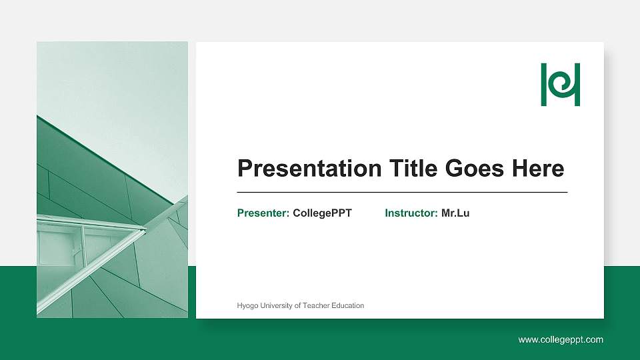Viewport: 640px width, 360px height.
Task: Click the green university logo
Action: pyautogui.click(x=560, y=85)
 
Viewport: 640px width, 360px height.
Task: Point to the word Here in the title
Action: pyautogui.click(x=538, y=169)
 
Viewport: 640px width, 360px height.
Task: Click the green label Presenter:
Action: pyautogui.click(x=263, y=213)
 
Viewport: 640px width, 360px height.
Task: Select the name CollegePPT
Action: pyautogui.click(x=322, y=213)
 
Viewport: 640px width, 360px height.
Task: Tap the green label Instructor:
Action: pyautogui.click(x=411, y=213)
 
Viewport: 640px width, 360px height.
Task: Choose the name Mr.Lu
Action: pyautogui.click(x=455, y=213)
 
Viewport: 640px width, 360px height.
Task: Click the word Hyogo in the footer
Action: pyautogui.click(x=247, y=306)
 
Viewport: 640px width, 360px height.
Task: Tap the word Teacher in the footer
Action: pyautogui.click(x=317, y=306)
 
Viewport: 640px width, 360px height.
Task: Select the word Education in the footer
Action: pyautogui.click(x=349, y=306)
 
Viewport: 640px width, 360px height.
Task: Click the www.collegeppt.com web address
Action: pyautogui.click(x=561, y=340)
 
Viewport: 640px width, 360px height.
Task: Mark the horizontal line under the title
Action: pyautogui.click(x=402, y=192)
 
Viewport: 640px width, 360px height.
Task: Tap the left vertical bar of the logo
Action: pyautogui.click(x=543, y=85)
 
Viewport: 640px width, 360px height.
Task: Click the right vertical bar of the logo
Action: pyautogui.click(x=577, y=85)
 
